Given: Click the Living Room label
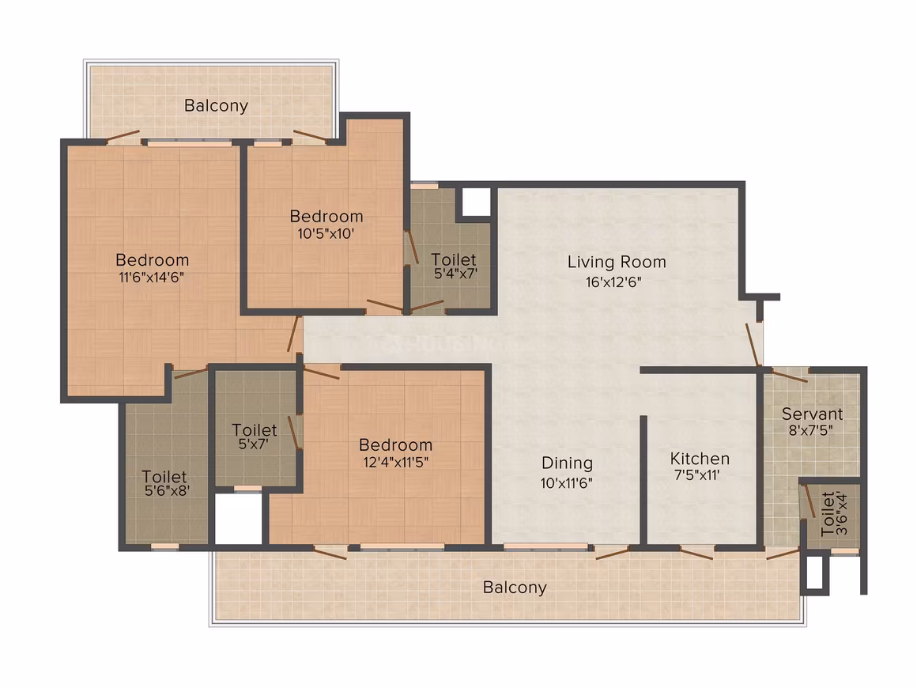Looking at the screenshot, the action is click(x=617, y=262).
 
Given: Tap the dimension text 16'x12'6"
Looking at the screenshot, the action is click(x=613, y=282).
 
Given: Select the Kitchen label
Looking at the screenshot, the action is click(x=700, y=458).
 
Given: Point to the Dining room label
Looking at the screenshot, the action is click(x=567, y=463).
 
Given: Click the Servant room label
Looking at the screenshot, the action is click(x=813, y=414).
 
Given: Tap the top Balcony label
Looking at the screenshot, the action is click(x=216, y=106).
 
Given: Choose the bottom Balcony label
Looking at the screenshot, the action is click(x=515, y=588).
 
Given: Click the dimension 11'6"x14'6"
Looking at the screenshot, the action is click(x=152, y=278).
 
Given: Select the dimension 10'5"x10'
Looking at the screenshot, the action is click(x=326, y=234).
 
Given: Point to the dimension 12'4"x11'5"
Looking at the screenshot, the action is click(x=396, y=462).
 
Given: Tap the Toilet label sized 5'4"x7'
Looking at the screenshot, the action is click(x=453, y=259).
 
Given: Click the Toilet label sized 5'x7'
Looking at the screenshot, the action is click(x=254, y=430).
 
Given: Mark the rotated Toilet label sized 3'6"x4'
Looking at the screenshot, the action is click(x=828, y=514).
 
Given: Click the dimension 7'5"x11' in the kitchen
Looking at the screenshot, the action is click(x=696, y=475).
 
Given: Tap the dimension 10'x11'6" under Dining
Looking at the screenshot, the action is click(x=566, y=483).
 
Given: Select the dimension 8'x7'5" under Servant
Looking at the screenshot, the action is click(x=811, y=430).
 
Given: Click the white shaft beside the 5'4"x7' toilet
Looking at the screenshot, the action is click(x=476, y=202).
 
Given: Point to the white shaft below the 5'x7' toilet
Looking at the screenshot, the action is click(x=238, y=519).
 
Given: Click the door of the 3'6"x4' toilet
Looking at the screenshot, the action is click(x=809, y=501).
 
